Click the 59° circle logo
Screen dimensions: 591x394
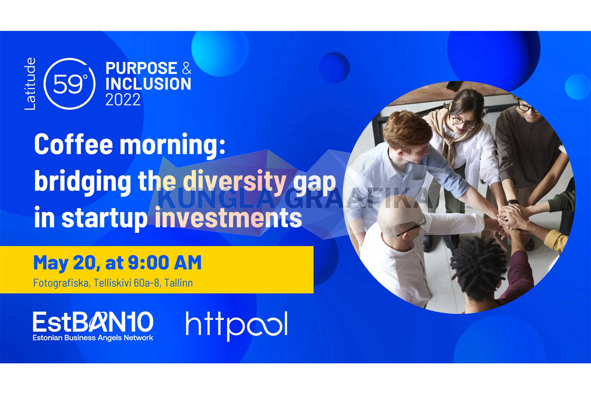[x=69, y=84]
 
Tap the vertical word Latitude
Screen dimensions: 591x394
[x=30, y=84]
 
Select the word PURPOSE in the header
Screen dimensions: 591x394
[x=141, y=68]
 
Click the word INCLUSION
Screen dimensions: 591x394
[x=148, y=84]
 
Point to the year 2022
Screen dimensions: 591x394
[x=123, y=100]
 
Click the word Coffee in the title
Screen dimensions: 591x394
[x=74, y=144]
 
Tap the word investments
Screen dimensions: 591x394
[x=228, y=218]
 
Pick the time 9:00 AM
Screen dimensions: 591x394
[x=164, y=263]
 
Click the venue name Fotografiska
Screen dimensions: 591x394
[x=61, y=283]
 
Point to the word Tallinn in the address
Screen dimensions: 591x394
[x=179, y=283]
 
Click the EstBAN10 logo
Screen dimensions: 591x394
[x=93, y=326]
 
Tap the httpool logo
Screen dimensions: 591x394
[x=237, y=326]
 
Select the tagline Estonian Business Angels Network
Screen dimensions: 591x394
[x=93, y=338]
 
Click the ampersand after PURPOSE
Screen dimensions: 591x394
[x=187, y=68]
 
